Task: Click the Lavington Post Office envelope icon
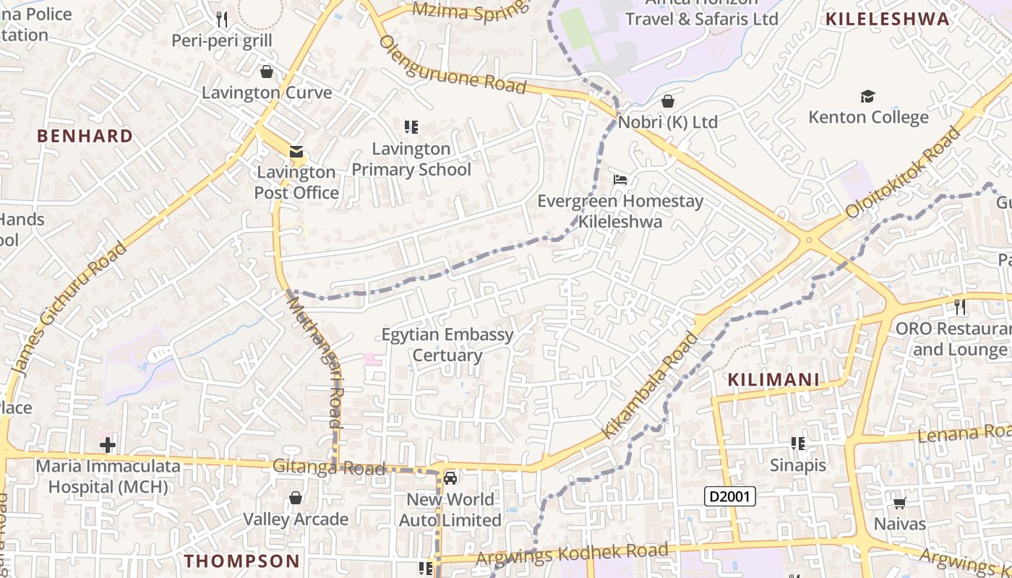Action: (x=296, y=152)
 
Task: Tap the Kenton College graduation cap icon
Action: (x=867, y=97)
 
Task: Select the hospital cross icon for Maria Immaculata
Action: (x=108, y=444)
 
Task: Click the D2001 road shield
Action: (x=730, y=496)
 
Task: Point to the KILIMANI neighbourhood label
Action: (x=773, y=380)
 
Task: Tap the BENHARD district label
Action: (x=85, y=137)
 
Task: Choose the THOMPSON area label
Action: (x=241, y=561)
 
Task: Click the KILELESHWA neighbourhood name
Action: (x=887, y=20)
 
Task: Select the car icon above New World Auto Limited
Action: (x=450, y=478)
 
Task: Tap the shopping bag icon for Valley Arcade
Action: (x=295, y=498)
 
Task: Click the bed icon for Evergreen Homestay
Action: (x=619, y=179)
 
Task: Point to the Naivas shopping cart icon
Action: (x=899, y=504)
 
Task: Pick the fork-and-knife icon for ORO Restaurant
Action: (x=960, y=307)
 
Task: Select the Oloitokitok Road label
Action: (x=904, y=173)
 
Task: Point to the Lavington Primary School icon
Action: (x=411, y=128)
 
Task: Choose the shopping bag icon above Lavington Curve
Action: (x=267, y=72)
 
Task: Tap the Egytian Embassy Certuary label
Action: (x=447, y=345)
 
